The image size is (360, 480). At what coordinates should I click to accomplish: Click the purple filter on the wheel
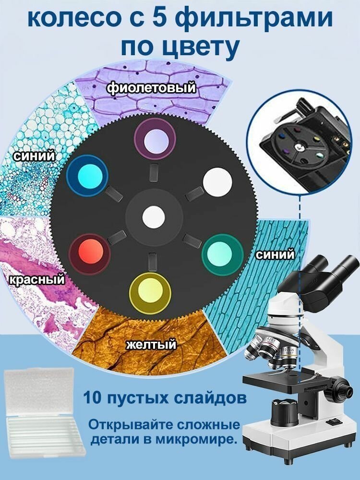point(155,139)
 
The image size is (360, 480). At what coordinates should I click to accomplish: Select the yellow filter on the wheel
point(150,293)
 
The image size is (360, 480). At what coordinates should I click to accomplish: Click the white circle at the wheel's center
point(154,217)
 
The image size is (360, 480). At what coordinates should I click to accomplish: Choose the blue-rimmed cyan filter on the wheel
point(87,176)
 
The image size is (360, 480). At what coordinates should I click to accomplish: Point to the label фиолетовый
point(151,87)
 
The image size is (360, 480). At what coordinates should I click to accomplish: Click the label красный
point(37,279)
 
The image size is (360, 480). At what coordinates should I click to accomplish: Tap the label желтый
point(152,344)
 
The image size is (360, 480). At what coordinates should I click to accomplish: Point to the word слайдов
point(210,398)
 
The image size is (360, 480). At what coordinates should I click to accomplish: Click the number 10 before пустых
point(93,398)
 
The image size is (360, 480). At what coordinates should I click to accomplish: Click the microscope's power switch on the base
point(333,422)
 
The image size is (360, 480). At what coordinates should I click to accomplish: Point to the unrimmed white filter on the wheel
point(217,182)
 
